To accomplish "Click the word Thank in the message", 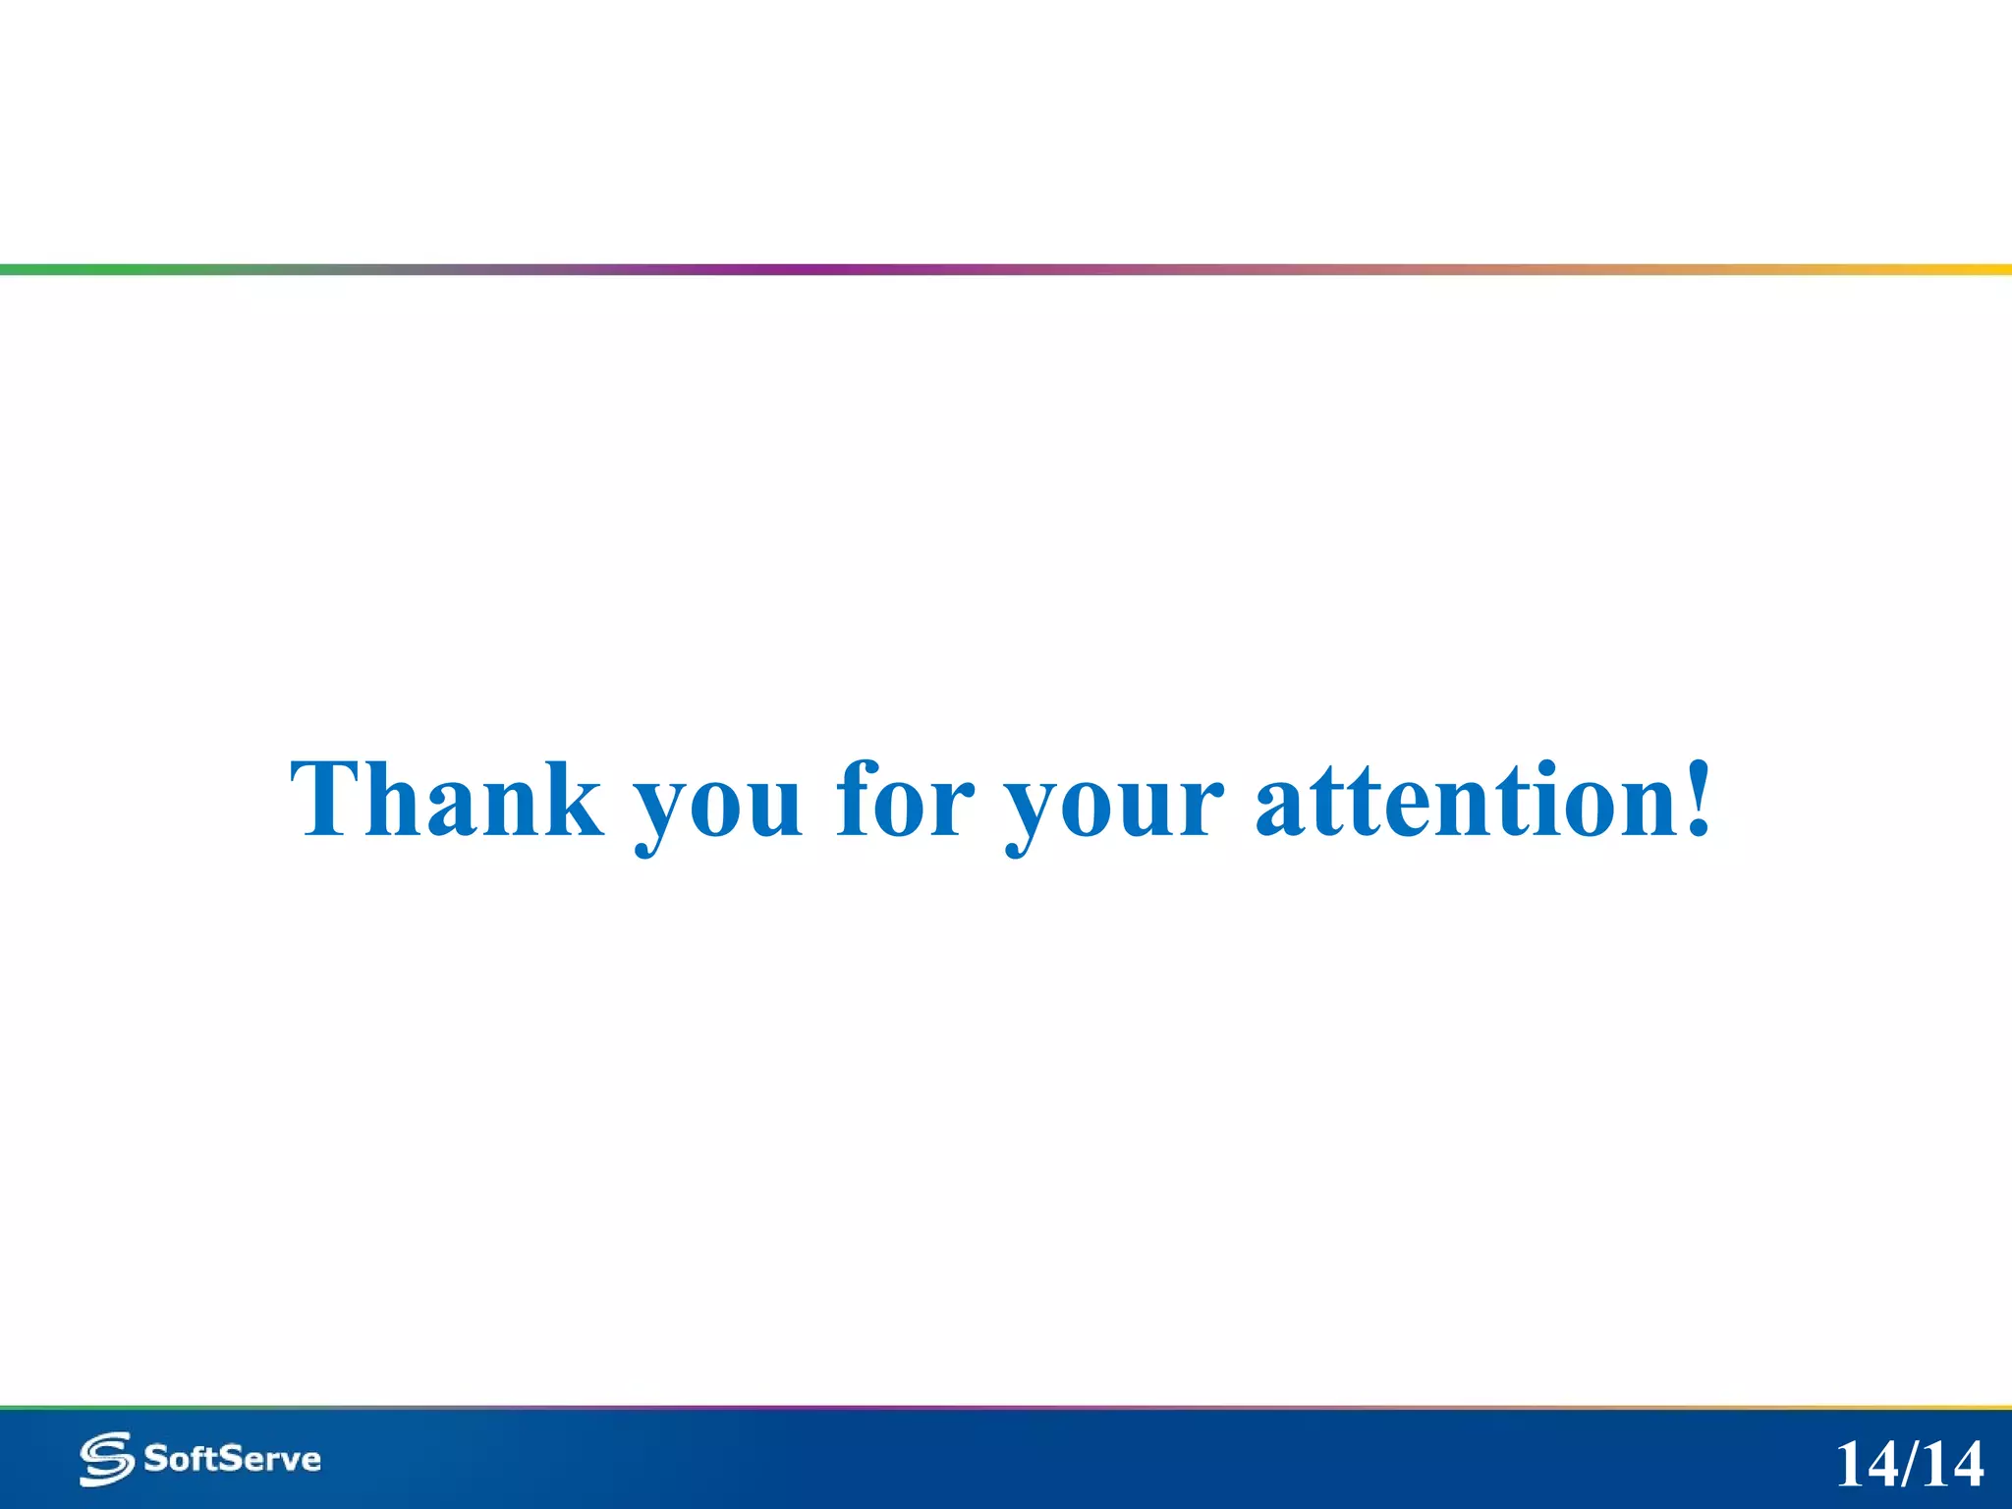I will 447,800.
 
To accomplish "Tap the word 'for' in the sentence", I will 905,800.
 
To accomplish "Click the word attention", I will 1464,800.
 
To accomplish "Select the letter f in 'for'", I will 857,798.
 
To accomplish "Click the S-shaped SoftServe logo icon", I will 106,1459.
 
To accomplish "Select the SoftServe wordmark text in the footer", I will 233,1459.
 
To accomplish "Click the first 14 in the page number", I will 1866,1465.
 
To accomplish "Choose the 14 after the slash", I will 1953,1465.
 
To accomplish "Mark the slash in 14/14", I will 1910,1465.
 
